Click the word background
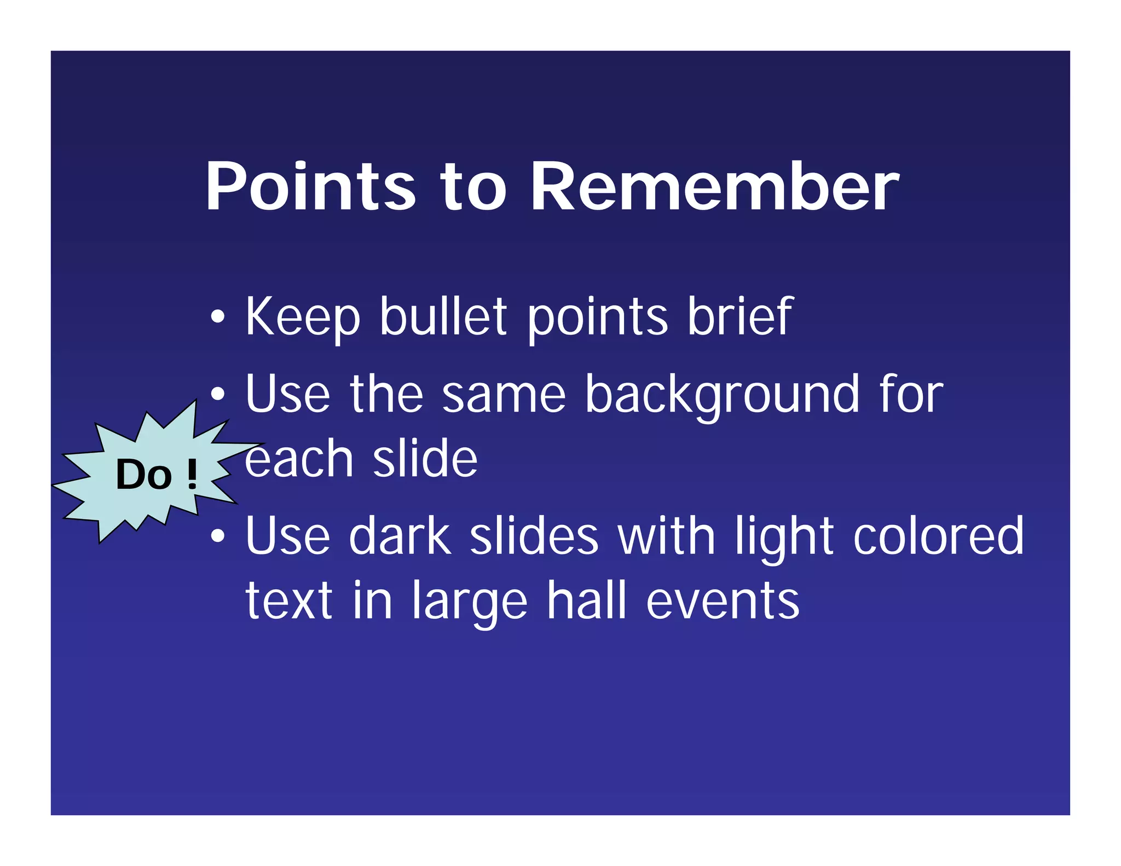click(721, 395)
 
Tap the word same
click(503, 395)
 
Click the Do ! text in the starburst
click(156, 475)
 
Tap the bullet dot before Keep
click(218, 317)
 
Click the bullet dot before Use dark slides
click(218, 537)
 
